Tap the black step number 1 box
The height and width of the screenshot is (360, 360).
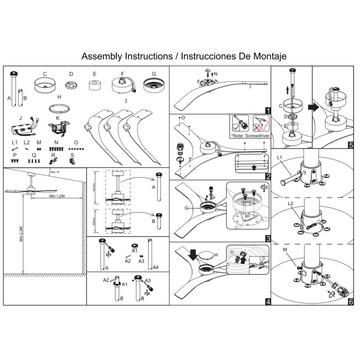click(267, 110)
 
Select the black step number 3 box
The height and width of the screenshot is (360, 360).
click(267, 238)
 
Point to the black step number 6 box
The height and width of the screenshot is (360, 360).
click(350, 302)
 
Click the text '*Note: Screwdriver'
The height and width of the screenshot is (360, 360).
click(249, 136)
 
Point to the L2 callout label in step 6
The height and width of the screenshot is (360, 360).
click(290, 204)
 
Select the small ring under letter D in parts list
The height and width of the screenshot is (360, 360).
click(71, 85)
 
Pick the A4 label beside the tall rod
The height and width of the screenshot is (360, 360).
click(155, 267)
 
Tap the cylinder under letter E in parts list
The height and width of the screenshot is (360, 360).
click(95, 86)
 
